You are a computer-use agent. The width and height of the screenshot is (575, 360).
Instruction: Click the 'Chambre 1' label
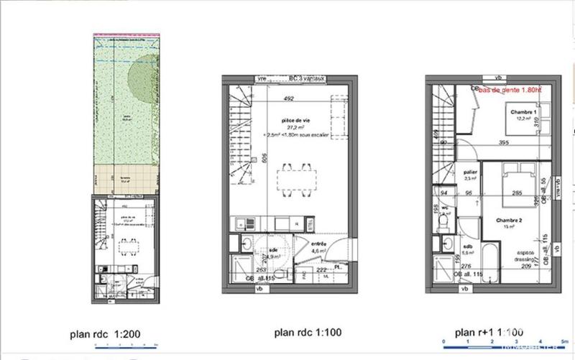coord(522,114)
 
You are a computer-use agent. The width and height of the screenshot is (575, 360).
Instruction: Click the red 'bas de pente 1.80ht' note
coord(510,90)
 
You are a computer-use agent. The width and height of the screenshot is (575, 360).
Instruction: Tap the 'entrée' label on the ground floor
coord(318,244)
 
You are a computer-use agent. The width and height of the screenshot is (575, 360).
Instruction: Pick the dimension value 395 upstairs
coord(505,143)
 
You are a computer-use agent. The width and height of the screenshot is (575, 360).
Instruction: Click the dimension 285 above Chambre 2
coord(516,193)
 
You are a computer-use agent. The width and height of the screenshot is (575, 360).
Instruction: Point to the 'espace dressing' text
coord(521,255)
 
